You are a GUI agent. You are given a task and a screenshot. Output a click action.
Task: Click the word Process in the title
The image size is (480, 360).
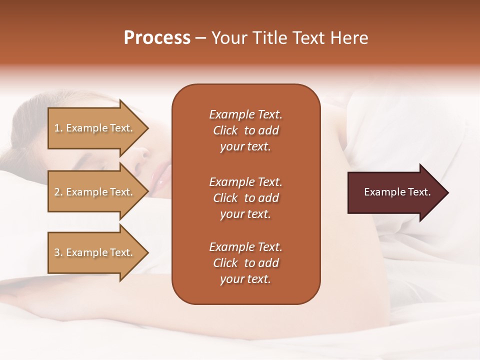click(x=157, y=38)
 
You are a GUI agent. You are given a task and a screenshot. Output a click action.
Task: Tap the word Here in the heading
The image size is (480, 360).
click(x=349, y=38)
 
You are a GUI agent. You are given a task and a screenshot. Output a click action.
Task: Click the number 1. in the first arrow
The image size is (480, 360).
click(x=58, y=128)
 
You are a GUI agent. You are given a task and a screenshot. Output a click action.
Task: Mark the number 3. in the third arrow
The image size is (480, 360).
click(x=58, y=252)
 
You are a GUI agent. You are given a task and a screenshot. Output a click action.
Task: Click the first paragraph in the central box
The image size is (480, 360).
click(x=245, y=130)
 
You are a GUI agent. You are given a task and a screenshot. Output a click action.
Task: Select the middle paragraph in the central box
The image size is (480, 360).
click(x=245, y=198)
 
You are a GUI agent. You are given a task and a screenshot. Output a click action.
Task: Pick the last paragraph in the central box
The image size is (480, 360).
click(x=245, y=263)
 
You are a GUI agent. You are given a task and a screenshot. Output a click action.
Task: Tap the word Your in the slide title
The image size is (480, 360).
click(x=229, y=38)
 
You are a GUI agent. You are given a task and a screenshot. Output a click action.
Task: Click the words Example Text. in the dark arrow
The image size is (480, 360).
click(x=397, y=192)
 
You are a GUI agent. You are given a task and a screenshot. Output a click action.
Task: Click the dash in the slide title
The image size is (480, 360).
click(x=200, y=38)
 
